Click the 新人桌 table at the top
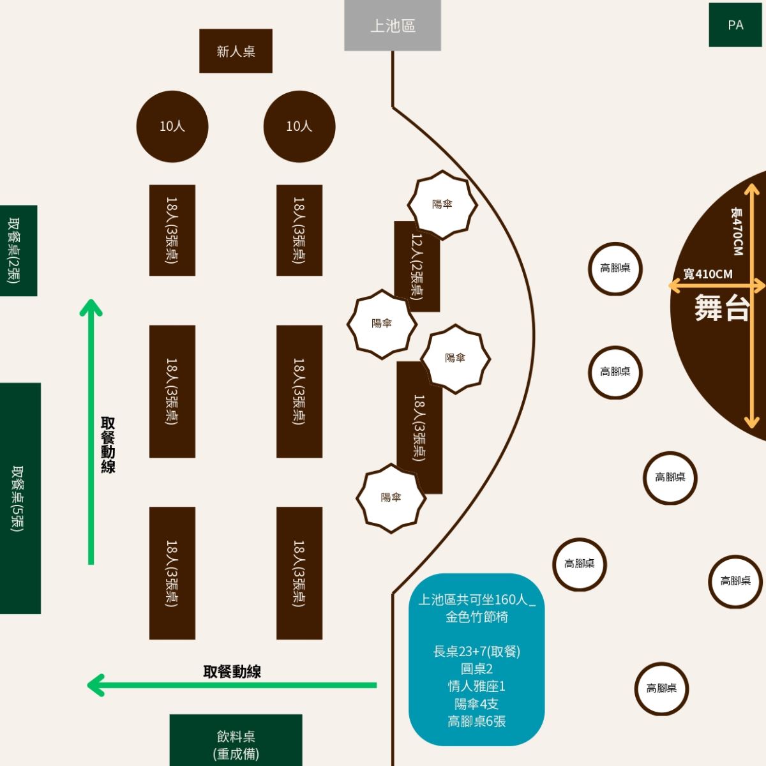236,51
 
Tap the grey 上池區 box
393,26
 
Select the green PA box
735,25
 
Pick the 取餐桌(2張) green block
17,250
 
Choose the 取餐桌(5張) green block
19,498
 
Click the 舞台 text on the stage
721,308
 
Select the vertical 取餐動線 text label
108,445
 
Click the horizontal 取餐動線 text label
232,672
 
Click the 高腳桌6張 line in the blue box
476,721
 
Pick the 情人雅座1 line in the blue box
476,686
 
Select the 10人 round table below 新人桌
172,126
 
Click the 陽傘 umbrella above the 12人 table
442,205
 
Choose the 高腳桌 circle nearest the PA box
615,268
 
